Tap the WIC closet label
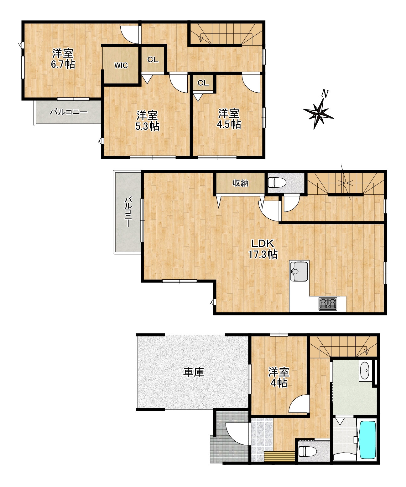pyautogui.click(x=121, y=66)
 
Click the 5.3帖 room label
pyautogui.click(x=148, y=121)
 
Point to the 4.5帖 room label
pyautogui.click(x=229, y=119)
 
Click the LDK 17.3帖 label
pyautogui.click(x=263, y=249)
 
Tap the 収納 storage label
pyautogui.click(x=240, y=183)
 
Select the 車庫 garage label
pyautogui.click(x=193, y=372)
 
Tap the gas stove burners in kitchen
pyautogui.click(x=328, y=304)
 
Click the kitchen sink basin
pyautogui.click(x=299, y=271)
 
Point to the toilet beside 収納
pyautogui.click(x=277, y=182)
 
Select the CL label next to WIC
pyautogui.click(x=153, y=60)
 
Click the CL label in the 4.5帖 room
pyautogui.click(x=203, y=83)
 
